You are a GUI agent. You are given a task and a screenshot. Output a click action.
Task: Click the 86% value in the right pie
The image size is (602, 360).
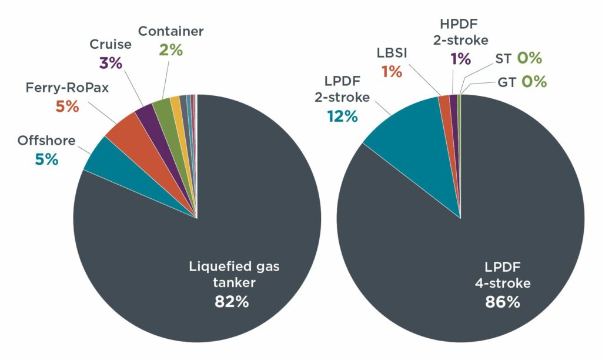click(502, 302)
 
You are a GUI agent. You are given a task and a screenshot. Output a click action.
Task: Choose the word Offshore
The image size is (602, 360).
click(46, 141)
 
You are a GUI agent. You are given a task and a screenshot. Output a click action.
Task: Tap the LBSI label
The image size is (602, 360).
click(392, 54)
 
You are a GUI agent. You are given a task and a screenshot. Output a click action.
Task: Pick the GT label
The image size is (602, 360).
click(507, 81)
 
